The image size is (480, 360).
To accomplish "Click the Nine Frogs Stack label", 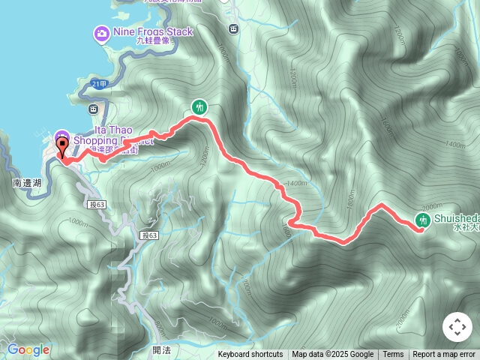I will (x=153, y=31).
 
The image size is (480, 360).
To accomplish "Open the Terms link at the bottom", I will (x=393, y=355).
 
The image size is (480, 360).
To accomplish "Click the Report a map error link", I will (x=444, y=355).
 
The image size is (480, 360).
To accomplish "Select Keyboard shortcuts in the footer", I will (x=250, y=355).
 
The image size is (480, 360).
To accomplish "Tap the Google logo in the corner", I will (x=28, y=349).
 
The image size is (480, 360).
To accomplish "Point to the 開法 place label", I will (x=161, y=349).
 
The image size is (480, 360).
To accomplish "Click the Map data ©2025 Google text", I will (x=332, y=355).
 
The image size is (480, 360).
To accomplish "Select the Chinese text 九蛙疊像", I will (x=154, y=41).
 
